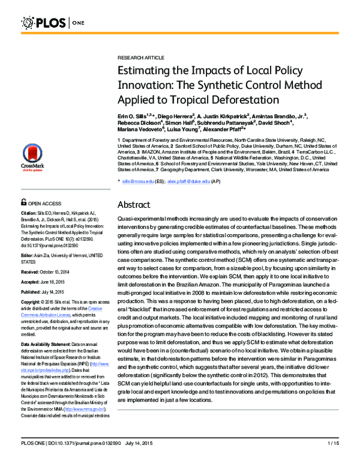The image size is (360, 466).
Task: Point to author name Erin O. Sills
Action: click(135, 114)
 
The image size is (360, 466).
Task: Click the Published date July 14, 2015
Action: click(57, 292)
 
